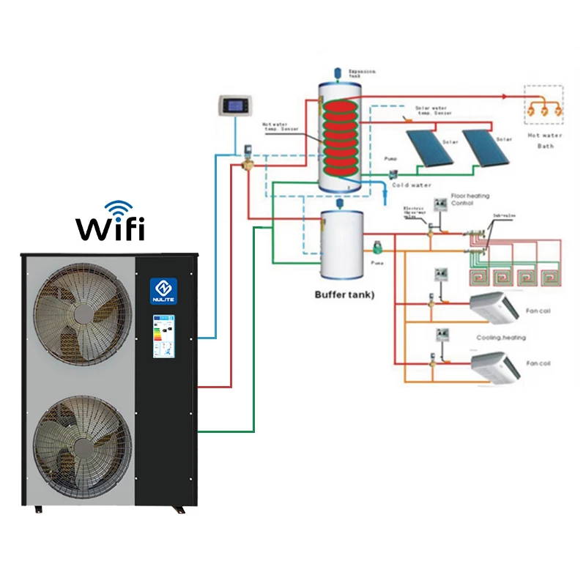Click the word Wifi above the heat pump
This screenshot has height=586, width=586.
pyautogui.click(x=111, y=229)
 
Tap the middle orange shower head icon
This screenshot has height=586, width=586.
pyautogui.click(x=544, y=109)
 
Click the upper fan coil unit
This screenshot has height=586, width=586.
pyautogui.click(x=494, y=307)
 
